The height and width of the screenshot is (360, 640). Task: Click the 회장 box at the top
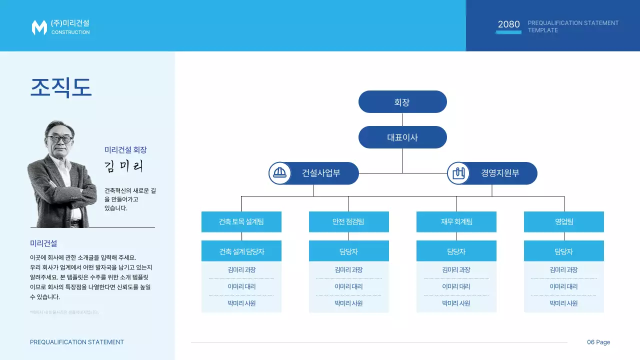(402, 102)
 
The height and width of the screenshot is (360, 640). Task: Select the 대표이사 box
(402, 137)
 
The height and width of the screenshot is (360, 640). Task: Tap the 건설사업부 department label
(321, 173)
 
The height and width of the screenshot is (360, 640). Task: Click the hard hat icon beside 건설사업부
(279, 173)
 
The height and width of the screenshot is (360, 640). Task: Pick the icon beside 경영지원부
(458, 173)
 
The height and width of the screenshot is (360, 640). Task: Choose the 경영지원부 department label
(500, 173)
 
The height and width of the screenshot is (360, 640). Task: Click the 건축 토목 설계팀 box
(241, 221)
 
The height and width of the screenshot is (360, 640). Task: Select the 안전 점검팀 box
(348, 221)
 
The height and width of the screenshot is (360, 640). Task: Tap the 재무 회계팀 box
(456, 221)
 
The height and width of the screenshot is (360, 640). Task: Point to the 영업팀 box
(563, 221)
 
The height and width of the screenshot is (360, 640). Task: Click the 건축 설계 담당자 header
(241, 251)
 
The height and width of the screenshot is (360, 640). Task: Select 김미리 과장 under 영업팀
(563, 270)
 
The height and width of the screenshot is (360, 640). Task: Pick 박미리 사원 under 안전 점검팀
(348, 303)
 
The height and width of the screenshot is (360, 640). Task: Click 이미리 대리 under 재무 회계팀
(456, 287)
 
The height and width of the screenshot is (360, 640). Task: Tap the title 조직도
(61, 87)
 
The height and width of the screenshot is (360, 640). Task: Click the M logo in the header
(39, 27)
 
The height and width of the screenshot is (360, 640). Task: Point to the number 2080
(508, 24)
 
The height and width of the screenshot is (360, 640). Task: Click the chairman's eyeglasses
(59, 138)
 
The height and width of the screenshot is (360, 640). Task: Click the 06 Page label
(598, 342)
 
